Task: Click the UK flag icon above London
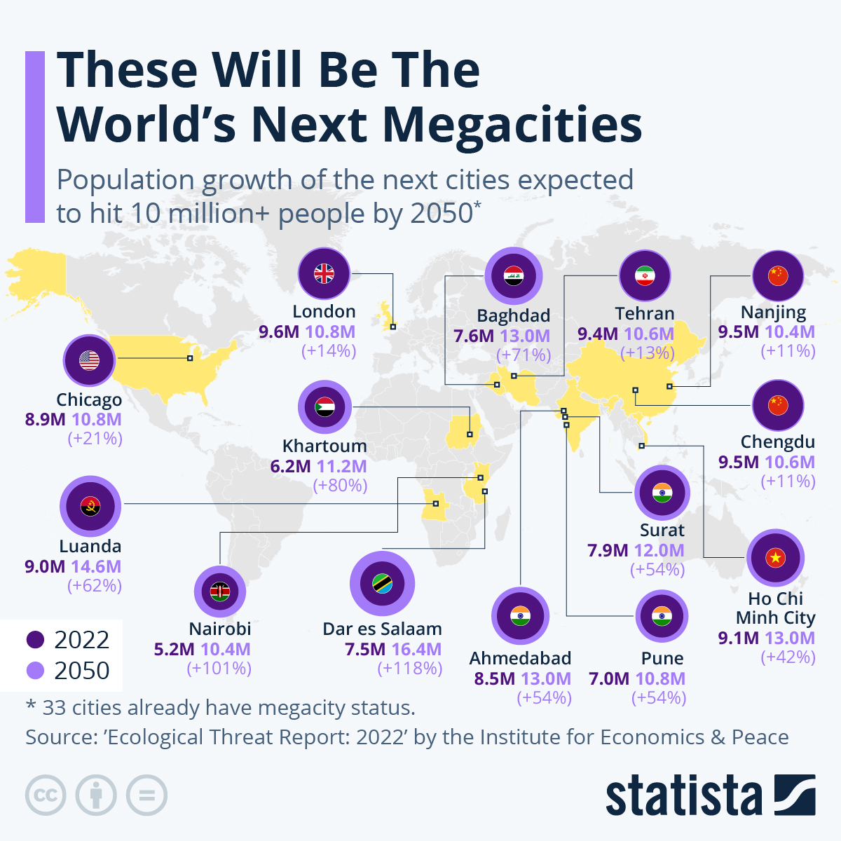click(324, 274)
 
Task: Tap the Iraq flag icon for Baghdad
click(513, 276)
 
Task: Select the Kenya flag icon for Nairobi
click(220, 592)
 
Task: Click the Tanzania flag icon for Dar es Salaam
click(382, 584)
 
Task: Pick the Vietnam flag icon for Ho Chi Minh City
click(775, 558)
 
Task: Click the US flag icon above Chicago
click(89, 361)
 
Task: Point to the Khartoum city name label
click(324, 446)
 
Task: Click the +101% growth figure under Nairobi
click(219, 669)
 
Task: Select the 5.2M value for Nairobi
click(175, 649)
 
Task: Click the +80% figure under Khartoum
click(340, 485)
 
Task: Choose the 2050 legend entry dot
click(35, 671)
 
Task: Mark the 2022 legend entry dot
click(35, 640)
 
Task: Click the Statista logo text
click(683, 796)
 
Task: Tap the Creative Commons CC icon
click(46, 795)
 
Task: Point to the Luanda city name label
click(90, 546)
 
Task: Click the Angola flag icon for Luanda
click(90, 505)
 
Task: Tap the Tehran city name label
click(645, 313)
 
